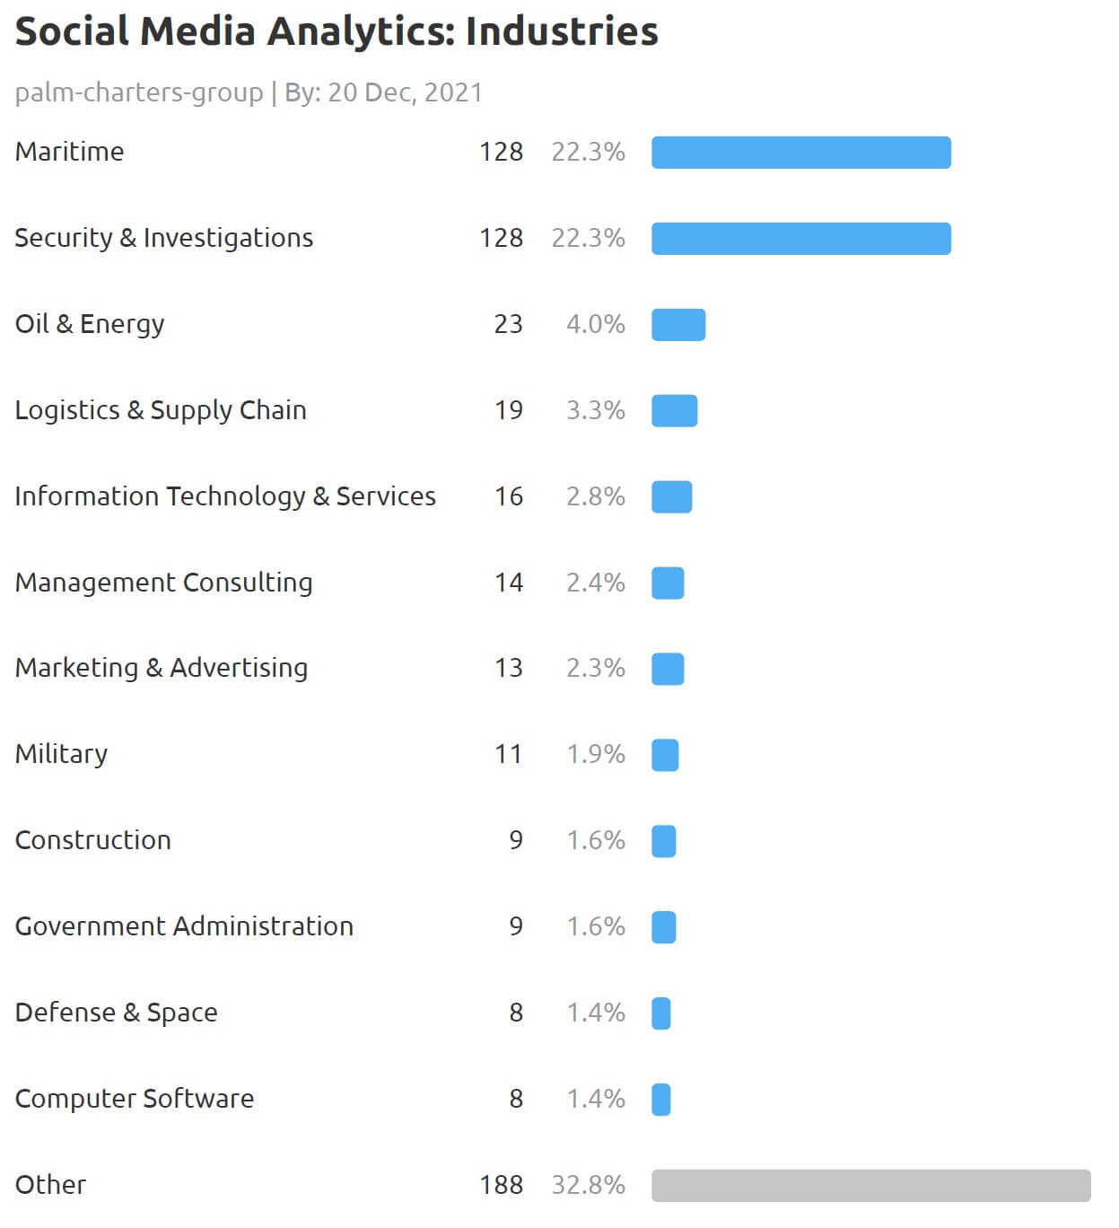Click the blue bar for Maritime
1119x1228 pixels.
point(800,153)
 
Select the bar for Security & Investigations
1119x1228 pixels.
point(800,239)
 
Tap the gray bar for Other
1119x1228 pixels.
point(870,1186)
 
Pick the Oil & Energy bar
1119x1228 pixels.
point(678,325)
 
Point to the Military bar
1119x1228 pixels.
point(665,755)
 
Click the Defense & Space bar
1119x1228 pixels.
point(661,1013)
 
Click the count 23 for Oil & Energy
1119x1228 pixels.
point(508,324)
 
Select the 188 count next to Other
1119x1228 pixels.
point(501,1185)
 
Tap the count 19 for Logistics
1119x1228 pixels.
point(508,410)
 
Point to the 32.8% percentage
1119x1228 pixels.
point(588,1185)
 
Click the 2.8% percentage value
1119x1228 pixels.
point(595,496)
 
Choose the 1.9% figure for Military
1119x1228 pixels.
point(595,754)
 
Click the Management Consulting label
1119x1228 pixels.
point(163,583)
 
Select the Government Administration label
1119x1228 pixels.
point(184,926)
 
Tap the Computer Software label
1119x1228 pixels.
point(135,1099)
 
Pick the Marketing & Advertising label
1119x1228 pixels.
point(162,668)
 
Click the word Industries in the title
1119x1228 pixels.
point(562,31)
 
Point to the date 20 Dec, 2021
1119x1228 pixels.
point(405,92)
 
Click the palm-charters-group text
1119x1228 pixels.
point(139,92)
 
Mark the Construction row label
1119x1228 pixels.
point(93,840)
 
